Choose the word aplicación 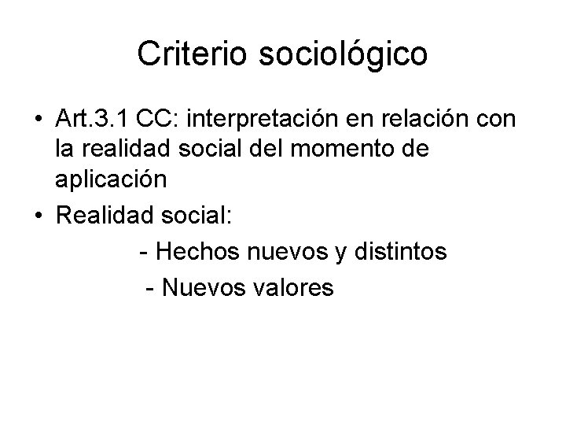click(111, 179)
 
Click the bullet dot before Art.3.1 click(39, 120)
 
